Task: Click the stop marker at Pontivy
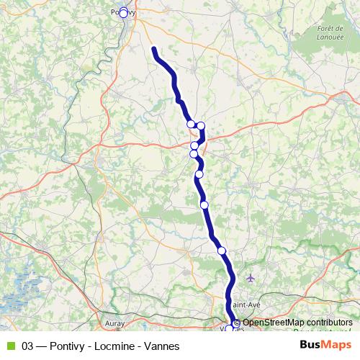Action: (x=123, y=12)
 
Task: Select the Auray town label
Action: (x=114, y=324)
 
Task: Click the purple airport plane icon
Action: (x=250, y=278)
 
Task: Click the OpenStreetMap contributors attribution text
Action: (x=297, y=323)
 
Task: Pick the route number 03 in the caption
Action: (x=28, y=346)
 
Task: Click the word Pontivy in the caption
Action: (x=70, y=346)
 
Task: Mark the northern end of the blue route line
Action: (x=154, y=49)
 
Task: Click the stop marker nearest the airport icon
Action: (x=222, y=251)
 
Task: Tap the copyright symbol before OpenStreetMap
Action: (x=237, y=323)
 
